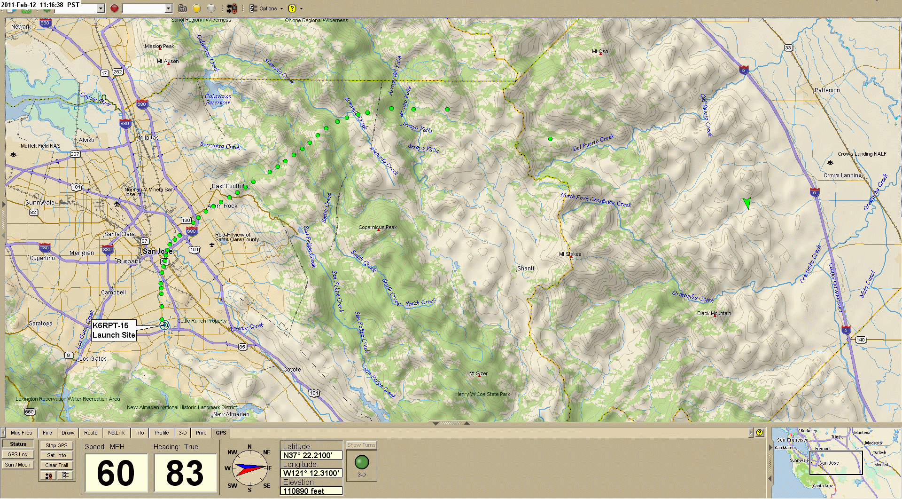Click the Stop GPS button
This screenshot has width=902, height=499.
[56, 445]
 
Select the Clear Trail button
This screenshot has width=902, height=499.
[56, 465]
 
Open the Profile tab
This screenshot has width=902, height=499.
[162, 433]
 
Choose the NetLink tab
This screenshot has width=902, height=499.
[116, 433]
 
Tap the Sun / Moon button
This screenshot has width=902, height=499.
[18, 465]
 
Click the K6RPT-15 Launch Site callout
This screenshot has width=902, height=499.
[114, 330]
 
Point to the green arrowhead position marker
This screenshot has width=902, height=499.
[746, 203]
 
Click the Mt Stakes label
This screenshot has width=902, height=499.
[570, 254]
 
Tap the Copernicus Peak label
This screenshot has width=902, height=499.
[377, 227]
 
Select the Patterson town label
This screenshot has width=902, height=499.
[827, 90]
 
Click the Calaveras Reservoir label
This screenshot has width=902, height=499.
[218, 99]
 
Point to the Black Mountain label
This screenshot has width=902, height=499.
[714, 313]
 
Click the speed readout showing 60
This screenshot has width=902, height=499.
[116, 473]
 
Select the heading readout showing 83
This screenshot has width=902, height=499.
[185, 473]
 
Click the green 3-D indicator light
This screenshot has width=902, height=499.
[362, 462]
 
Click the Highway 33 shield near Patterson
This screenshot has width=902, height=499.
[788, 48]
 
